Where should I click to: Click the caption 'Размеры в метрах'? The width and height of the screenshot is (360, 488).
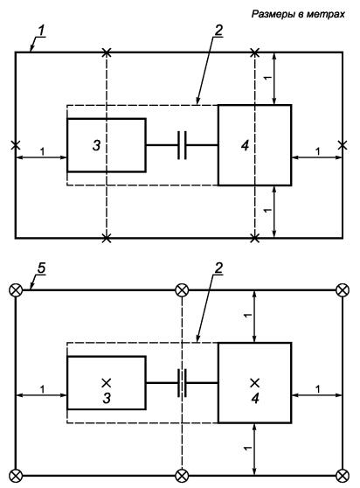point(298,14)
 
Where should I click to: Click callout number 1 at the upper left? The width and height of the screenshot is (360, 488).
point(42,31)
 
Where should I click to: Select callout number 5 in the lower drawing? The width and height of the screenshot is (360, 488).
point(42,268)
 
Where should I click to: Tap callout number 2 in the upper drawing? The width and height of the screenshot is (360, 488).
point(218,31)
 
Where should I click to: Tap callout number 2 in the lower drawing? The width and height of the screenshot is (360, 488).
point(218,268)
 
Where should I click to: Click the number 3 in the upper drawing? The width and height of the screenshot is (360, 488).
point(97,145)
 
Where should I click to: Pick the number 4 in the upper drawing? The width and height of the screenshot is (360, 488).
point(246,145)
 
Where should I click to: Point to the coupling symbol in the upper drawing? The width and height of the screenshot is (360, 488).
point(182,145)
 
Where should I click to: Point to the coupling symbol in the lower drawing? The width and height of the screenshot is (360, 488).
point(182,383)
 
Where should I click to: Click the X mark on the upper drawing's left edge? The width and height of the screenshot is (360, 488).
point(16,145)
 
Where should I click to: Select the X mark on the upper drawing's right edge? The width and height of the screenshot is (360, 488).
point(343,145)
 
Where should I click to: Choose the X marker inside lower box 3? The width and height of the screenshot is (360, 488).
point(107,383)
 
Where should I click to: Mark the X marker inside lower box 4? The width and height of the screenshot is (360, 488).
point(255,383)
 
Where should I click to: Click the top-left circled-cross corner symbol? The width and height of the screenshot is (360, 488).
point(16,290)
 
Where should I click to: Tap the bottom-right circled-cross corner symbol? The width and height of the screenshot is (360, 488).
point(343,476)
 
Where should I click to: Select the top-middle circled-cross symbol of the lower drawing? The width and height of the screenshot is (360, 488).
point(182,290)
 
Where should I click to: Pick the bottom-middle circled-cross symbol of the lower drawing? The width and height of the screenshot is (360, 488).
point(182,476)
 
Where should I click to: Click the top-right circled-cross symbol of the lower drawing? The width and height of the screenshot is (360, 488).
point(343,290)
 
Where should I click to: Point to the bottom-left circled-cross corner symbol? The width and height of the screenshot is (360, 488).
point(16,476)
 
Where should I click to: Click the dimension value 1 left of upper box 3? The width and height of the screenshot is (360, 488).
point(42,152)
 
